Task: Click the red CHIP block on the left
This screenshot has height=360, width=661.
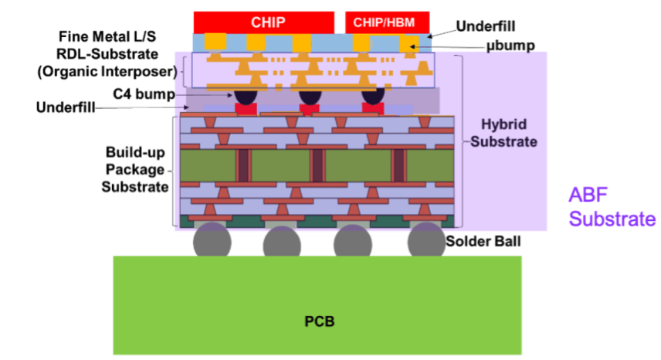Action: (x=264, y=22)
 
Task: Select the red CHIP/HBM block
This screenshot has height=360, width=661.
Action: (x=388, y=22)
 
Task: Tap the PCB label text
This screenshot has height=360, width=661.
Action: (x=320, y=321)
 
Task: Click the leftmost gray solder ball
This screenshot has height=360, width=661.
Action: (x=212, y=240)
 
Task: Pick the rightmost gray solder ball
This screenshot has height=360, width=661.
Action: (x=426, y=240)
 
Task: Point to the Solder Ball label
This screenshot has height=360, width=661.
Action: (x=483, y=242)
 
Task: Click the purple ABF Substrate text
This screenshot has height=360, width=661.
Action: (x=612, y=207)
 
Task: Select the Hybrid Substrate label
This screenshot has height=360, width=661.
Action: (x=503, y=133)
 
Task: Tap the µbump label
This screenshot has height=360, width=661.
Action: (x=510, y=46)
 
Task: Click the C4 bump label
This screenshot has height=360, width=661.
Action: (x=144, y=94)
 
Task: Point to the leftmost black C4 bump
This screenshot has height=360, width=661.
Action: (x=246, y=97)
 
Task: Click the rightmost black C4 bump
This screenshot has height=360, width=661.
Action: (x=373, y=97)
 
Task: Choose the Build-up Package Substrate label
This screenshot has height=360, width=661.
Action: (x=135, y=169)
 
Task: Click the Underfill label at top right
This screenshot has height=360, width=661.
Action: (x=486, y=26)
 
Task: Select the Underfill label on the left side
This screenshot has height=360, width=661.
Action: (x=66, y=107)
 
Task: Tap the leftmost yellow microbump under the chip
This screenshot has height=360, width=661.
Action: (x=215, y=41)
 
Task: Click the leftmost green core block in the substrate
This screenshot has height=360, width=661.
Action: (x=208, y=165)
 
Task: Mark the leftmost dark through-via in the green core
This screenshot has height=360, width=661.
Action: (x=244, y=165)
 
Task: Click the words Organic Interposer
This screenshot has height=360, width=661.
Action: (x=107, y=72)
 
